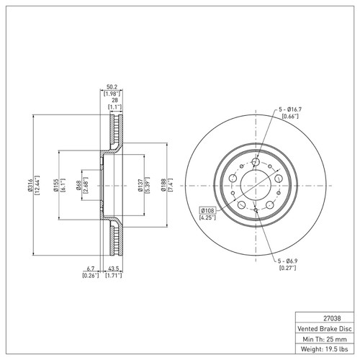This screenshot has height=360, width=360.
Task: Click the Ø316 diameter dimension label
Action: click(x=30, y=185)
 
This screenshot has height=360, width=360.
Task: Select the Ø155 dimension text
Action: click(x=56, y=185)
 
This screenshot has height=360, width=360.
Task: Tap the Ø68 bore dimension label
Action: click(x=78, y=185)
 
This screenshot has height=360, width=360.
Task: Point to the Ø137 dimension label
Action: click(x=140, y=185)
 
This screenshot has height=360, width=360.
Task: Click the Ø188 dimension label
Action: click(x=163, y=185)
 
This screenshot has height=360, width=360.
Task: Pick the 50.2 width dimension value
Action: click(x=112, y=87)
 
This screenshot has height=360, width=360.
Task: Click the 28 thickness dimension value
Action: click(x=114, y=100)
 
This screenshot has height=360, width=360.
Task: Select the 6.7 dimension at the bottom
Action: click(x=90, y=269)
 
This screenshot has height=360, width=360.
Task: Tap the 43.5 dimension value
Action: click(x=114, y=269)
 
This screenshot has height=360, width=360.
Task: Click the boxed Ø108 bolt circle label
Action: click(x=207, y=211)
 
